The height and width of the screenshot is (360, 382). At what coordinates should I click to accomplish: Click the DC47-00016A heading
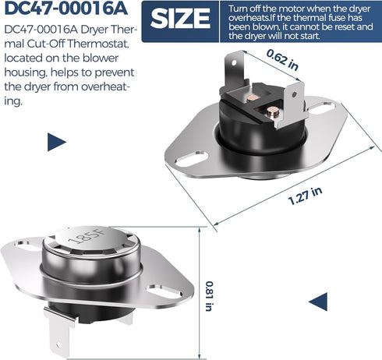point(66,9)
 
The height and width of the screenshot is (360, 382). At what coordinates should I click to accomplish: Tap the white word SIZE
point(180,18)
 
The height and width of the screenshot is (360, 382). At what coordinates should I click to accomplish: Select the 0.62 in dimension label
point(282,60)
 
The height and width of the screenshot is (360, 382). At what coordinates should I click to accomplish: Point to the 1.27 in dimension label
point(306,196)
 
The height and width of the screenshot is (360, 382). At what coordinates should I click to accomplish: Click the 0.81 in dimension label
point(209,296)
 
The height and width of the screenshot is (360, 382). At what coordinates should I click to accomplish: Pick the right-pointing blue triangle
point(57,142)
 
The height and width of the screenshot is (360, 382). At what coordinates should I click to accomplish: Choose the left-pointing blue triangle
point(318,302)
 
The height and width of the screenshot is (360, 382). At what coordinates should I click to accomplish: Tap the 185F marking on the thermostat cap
point(87,236)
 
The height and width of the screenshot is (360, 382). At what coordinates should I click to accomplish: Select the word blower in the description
point(101,58)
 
